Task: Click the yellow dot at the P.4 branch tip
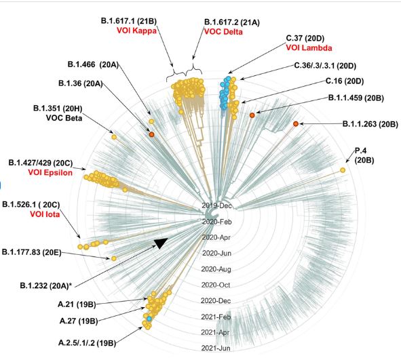[x=342, y=169]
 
